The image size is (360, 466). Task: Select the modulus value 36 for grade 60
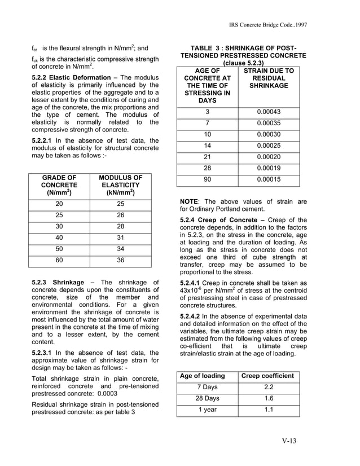121,261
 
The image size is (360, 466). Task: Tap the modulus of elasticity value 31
121,238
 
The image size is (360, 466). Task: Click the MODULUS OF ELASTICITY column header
121,185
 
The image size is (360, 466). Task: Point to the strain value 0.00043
269,112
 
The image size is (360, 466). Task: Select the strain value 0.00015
269,179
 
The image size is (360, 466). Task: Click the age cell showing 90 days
207,179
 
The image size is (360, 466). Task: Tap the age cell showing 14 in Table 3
207,146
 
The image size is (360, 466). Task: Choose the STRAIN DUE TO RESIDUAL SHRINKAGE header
269,78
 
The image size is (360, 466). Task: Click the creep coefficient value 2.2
269,387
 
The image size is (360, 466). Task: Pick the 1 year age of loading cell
207,410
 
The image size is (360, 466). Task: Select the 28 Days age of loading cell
207,398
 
